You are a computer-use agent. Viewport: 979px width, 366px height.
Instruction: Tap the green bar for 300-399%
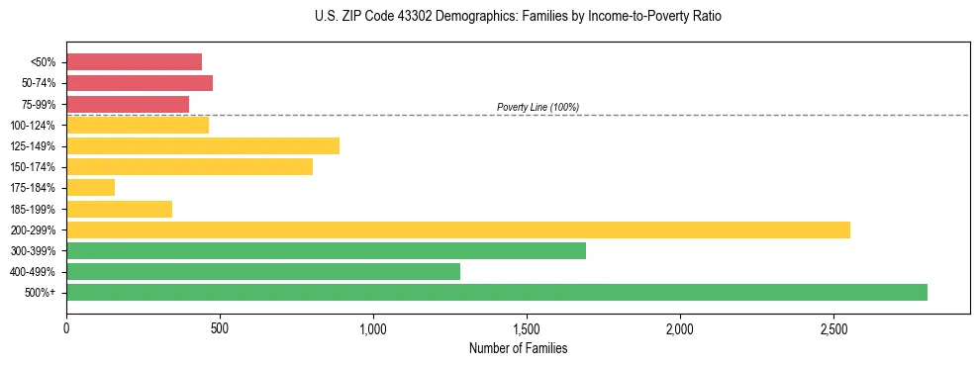(x=326, y=250)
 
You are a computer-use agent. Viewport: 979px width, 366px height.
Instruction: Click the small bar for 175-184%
(x=91, y=187)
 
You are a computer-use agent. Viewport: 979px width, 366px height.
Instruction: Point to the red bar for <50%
(x=134, y=61)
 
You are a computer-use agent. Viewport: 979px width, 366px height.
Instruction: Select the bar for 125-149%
(x=203, y=145)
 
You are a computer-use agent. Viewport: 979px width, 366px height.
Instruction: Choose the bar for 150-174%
(x=189, y=166)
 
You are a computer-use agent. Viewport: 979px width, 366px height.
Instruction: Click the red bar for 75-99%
(x=128, y=104)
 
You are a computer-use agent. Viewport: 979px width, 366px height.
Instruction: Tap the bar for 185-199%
(x=119, y=209)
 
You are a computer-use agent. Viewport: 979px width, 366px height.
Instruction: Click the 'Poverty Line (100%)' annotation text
(x=538, y=107)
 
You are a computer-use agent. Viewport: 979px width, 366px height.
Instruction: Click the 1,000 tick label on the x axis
(x=373, y=327)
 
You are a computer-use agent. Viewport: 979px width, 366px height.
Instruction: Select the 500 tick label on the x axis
(x=220, y=327)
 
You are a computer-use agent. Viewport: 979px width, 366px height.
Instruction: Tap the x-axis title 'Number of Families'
(x=518, y=348)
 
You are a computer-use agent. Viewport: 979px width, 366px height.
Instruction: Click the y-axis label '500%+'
(x=41, y=293)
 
